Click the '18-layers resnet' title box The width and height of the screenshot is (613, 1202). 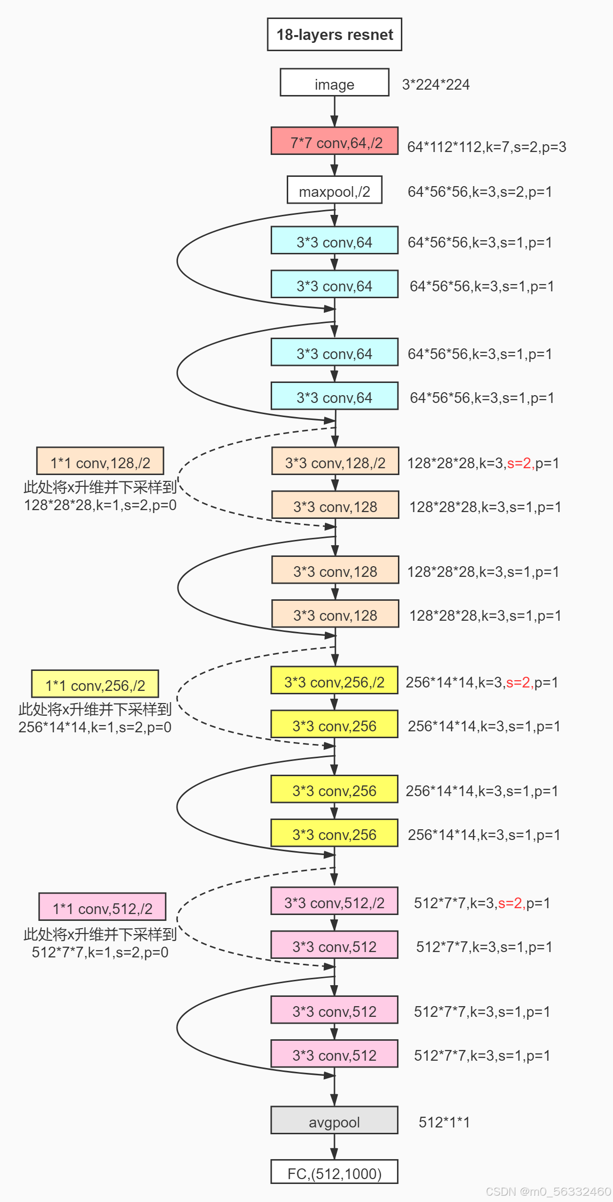pos(334,35)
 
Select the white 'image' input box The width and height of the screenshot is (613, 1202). pos(334,83)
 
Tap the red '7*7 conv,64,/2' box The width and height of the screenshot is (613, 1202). pos(334,141)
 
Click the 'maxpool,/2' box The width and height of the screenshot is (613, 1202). pos(334,190)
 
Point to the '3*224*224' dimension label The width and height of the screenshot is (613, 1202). pos(435,85)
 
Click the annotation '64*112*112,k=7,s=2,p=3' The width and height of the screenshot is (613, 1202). pos(486,147)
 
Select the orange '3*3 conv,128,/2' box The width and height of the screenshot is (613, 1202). pos(335,461)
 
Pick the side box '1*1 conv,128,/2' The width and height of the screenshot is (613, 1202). pos(100,461)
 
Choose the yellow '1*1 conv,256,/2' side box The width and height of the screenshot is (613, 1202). pos(95,684)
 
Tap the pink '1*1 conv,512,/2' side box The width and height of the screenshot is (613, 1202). pos(102,907)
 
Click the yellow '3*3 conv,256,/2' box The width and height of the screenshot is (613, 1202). pos(334,681)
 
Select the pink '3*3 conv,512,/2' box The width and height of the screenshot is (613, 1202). pos(334,901)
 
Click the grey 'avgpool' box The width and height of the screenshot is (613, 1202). pos(334,1121)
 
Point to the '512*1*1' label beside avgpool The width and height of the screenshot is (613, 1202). pos(444,1123)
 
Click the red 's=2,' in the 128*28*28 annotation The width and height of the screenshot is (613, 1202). pos(520,463)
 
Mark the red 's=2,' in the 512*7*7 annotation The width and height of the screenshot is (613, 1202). pos(511,903)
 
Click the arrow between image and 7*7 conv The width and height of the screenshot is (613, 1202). pos(335,112)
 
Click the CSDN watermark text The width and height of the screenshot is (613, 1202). pos(548,1192)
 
